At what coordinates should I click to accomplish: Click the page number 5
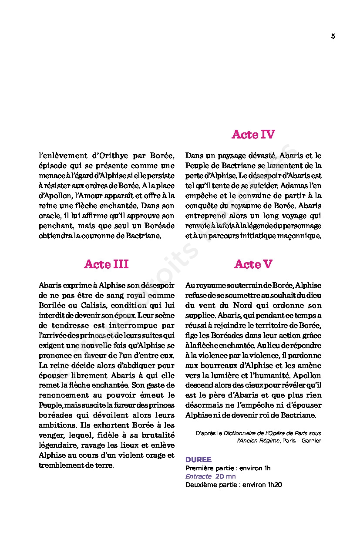click(333, 37)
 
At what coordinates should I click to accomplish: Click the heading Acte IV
click(253, 135)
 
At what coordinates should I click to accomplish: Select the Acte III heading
click(107, 264)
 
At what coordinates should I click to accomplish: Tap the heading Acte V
click(253, 264)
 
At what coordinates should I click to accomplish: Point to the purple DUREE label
click(199, 459)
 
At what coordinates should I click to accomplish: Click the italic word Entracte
click(199, 476)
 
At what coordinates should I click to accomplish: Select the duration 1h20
click(275, 485)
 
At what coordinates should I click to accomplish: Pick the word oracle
click(50, 216)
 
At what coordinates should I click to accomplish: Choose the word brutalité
click(155, 435)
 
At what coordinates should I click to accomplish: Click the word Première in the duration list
click(199, 468)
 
